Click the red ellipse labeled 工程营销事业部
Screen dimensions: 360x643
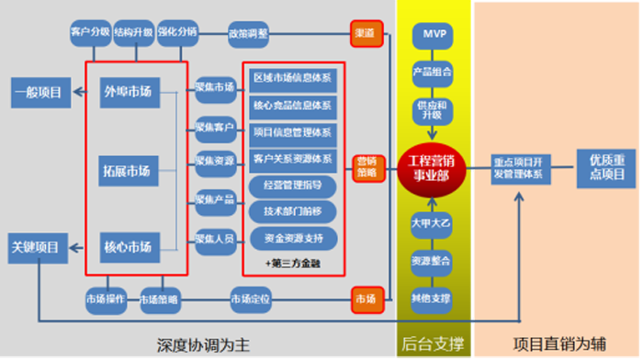pyautogui.click(x=432, y=167)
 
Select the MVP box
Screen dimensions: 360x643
pyautogui.click(x=432, y=34)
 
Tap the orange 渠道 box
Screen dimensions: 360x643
pyautogui.click(x=365, y=34)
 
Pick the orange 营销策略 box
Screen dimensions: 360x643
pyautogui.click(x=366, y=167)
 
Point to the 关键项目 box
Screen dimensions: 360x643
pyautogui.click(x=36, y=246)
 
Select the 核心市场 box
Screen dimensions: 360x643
pyautogui.click(x=129, y=246)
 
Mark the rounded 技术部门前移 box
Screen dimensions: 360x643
pyautogui.click(x=293, y=211)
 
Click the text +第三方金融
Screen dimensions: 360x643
pyautogui.click(x=293, y=263)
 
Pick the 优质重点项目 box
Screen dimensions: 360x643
pyautogui.click(x=606, y=167)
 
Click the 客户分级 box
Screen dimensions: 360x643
pyautogui.click(x=90, y=32)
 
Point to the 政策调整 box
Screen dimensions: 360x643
pyautogui.click(x=249, y=34)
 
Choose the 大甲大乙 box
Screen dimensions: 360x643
pyautogui.click(x=432, y=223)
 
